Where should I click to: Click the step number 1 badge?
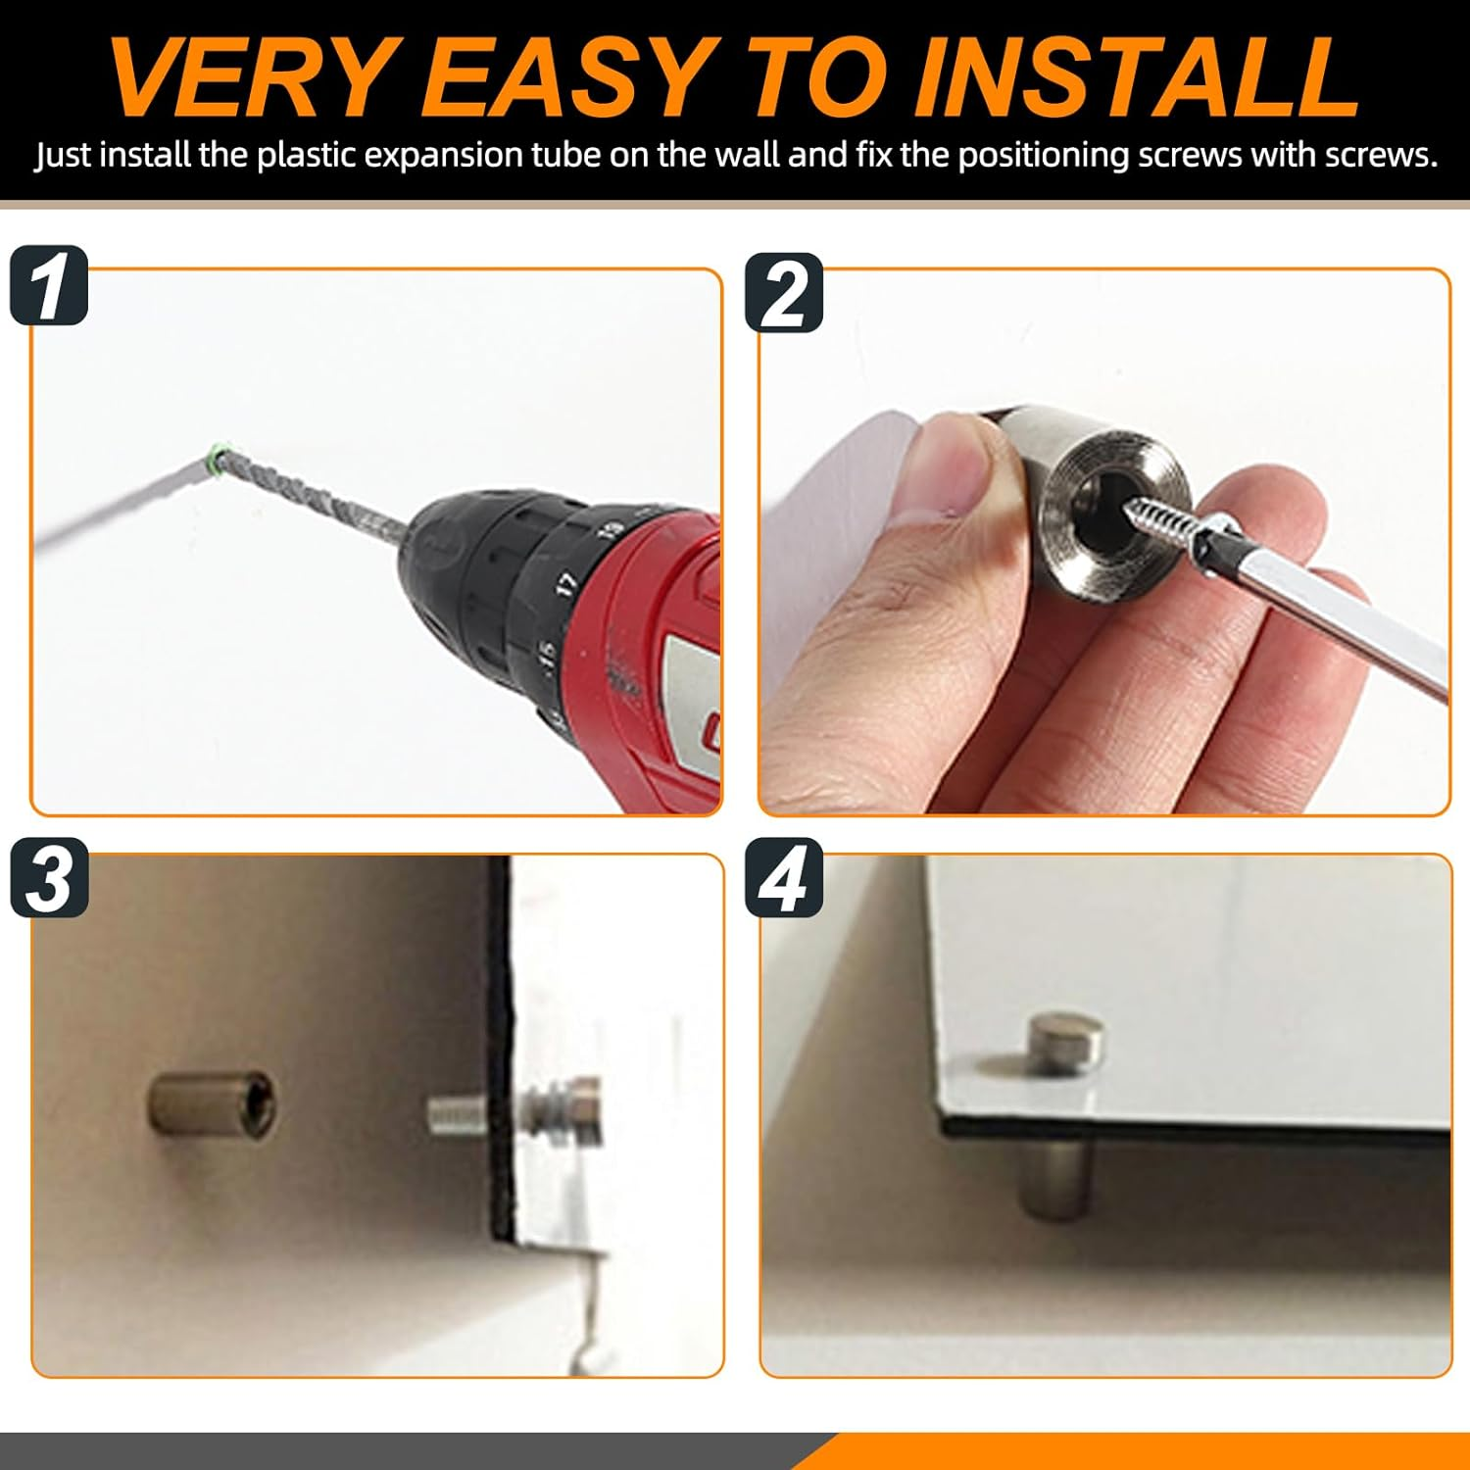(49, 285)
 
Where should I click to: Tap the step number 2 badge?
(784, 293)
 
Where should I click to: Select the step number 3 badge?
(49, 878)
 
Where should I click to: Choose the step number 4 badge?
(784, 878)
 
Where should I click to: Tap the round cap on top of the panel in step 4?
(1065, 1043)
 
